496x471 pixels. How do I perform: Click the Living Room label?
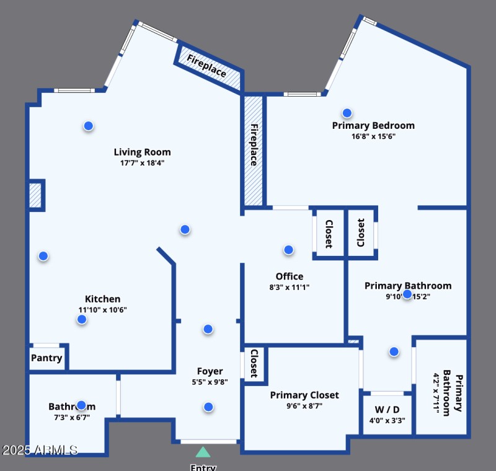[142, 152]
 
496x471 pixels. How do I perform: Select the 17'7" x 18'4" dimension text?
[142, 163]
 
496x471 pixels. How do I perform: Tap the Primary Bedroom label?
[373, 125]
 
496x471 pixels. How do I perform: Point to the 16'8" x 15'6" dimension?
[373, 136]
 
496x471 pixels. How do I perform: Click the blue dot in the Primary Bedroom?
[347, 113]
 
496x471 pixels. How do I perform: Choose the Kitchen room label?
[103, 299]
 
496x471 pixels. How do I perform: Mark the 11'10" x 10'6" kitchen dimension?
[103, 310]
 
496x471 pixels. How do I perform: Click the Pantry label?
[46, 358]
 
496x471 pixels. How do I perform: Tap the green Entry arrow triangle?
[203, 452]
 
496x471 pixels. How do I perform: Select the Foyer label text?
[210, 371]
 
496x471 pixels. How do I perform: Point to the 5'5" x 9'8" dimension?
[210, 382]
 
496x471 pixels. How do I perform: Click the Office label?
[290, 276]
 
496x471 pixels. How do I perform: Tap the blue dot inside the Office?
[288, 250]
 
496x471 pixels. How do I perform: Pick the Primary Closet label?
[304, 395]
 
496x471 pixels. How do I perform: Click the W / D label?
[387, 410]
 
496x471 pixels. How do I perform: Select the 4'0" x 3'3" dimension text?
[387, 420]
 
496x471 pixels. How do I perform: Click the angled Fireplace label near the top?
[207, 66]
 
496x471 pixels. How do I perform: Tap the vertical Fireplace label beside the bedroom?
[254, 145]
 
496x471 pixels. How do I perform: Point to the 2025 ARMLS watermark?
[40, 449]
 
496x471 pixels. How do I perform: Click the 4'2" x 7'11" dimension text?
[436, 393]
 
